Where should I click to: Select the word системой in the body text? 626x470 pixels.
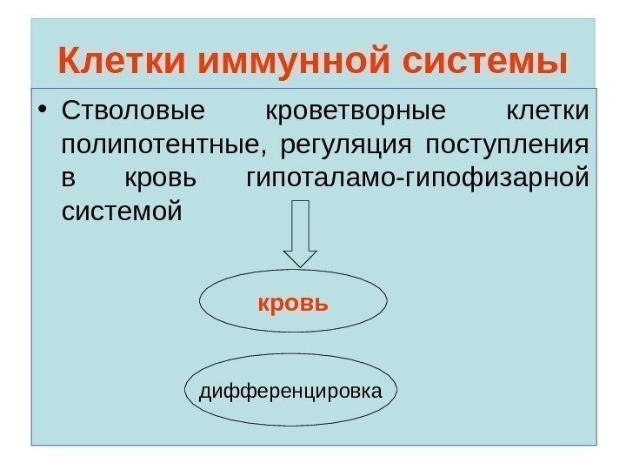[x=123, y=211]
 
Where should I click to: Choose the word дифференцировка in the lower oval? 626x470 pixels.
[x=290, y=391]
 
